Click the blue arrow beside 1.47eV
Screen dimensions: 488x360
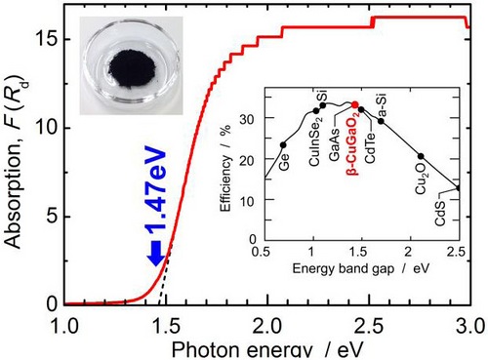coord(156,253)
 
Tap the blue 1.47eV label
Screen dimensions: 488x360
coord(155,192)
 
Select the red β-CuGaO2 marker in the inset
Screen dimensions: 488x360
coord(355,104)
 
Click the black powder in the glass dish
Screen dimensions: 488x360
coord(132,70)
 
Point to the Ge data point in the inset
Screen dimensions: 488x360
coord(283,145)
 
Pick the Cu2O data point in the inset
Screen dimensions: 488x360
coord(421,156)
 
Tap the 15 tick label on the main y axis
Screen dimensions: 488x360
coord(47,39)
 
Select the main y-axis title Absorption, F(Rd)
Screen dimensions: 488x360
coord(16,162)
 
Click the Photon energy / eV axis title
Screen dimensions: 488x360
coord(266,350)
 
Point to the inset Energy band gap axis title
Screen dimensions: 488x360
coord(361,268)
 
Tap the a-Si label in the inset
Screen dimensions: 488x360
coord(384,105)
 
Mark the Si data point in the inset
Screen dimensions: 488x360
coord(323,105)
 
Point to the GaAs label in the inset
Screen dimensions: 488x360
coord(334,144)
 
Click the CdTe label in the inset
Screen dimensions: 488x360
coord(370,147)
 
